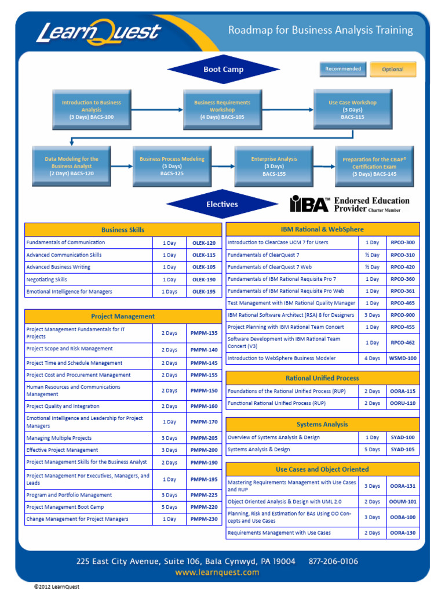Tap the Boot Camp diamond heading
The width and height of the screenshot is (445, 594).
(x=223, y=70)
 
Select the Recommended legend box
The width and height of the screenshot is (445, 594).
(x=343, y=69)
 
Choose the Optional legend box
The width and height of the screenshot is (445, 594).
(x=393, y=70)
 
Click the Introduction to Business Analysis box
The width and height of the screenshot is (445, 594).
(x=92, y=109)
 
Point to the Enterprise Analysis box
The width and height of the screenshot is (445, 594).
(x=274, y=166)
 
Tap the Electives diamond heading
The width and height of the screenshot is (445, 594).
(x=222, y=204)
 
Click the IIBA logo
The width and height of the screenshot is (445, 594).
(x=310, y=204)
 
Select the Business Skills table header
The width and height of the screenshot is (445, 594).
(x=123, y=230)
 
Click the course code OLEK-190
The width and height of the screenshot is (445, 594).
(x=204, y=280)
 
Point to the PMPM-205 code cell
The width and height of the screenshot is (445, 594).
(x=204, y=438)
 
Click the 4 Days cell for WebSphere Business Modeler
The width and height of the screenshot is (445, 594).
(x=372, y=358)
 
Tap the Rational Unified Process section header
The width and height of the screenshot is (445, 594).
(x=322, y=378)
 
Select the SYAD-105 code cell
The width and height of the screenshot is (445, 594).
(x=403, y=450)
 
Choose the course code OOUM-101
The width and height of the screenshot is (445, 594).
(x=403, y=502)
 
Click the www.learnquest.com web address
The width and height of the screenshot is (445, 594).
(x=217, y=573)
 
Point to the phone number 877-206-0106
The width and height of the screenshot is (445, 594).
(x=333, y=562)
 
